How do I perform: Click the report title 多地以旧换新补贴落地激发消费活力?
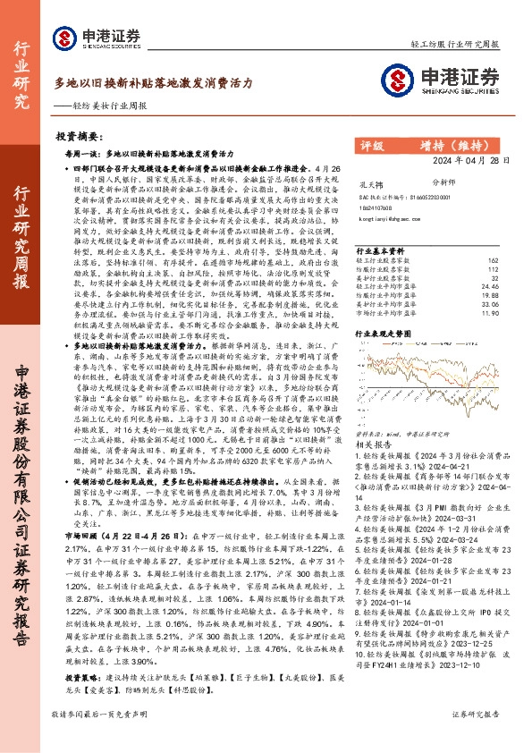click(153, 81)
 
